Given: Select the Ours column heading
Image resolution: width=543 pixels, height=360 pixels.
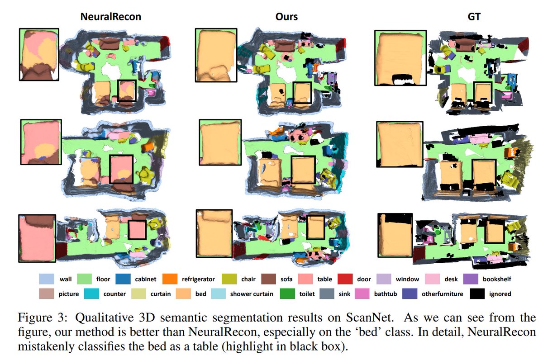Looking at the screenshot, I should click(287, 17).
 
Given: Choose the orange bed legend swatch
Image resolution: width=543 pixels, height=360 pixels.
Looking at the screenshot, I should click(184, 294).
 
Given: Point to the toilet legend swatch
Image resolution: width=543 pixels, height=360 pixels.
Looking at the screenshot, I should click(294, 294).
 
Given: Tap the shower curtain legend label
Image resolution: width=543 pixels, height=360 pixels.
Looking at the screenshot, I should click(252, 294).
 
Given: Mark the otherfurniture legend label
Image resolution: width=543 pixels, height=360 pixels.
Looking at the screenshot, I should click(442, 294).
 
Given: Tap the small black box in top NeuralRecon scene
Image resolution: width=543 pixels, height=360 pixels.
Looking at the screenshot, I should click(127, 91).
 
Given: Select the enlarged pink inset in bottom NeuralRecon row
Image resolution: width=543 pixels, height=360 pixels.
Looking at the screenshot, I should click(37, 238).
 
